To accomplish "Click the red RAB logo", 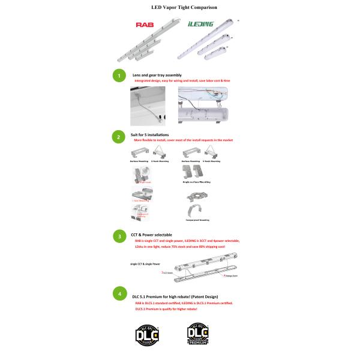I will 145,26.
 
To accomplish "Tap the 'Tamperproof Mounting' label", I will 196,220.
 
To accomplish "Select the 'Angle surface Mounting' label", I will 196,179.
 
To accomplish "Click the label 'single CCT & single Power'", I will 145,263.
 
